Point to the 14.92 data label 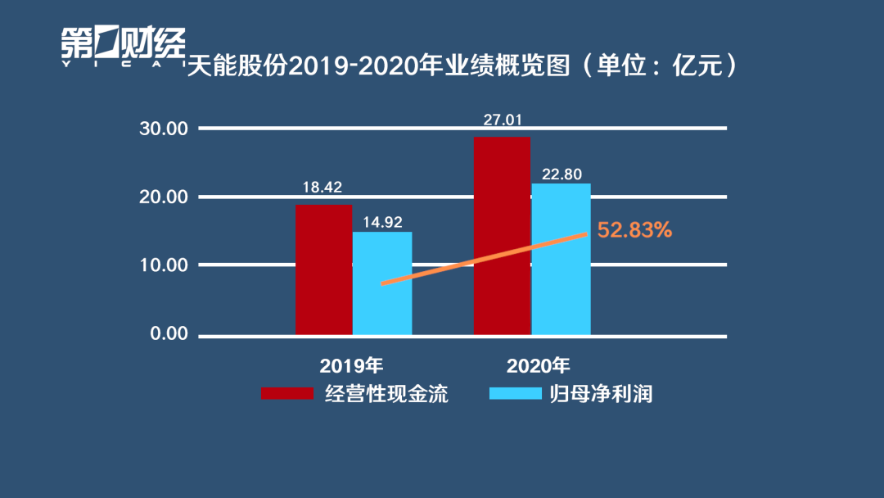click(x=381, y=221)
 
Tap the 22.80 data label click(x=561, y=174)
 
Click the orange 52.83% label click(x=634, y=230)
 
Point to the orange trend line click(x=483, y=259)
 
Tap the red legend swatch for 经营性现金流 click(x=287, y=393)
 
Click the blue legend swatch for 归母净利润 click(x=515, y=393)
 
